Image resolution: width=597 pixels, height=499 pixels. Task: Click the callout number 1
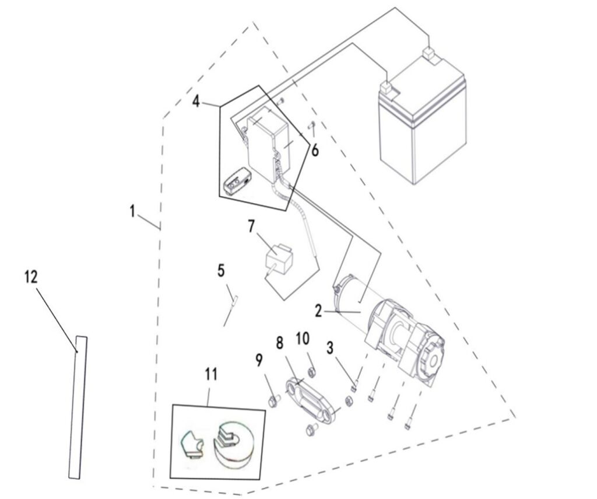pyautogui.click(x=132, y=211)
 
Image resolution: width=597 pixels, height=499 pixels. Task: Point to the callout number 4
pyautogui.click(x=196, y=102)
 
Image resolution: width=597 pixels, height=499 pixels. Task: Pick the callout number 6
pyautogui.click(x=315, y=151)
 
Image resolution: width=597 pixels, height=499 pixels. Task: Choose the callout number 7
pyautogui.click(x=251, y=226)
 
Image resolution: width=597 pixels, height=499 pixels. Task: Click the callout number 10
pyautogui.click(x=303, y=339)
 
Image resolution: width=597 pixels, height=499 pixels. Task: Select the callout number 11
pyautogui.click(x=210, y=375)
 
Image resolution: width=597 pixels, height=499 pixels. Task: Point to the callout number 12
pyautogui.click(x=31, y=277)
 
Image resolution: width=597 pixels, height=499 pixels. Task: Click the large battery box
pyautogui.click(x=423, y=125)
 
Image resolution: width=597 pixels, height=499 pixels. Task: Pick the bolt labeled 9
pyautogui.click(x=273, y=400)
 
